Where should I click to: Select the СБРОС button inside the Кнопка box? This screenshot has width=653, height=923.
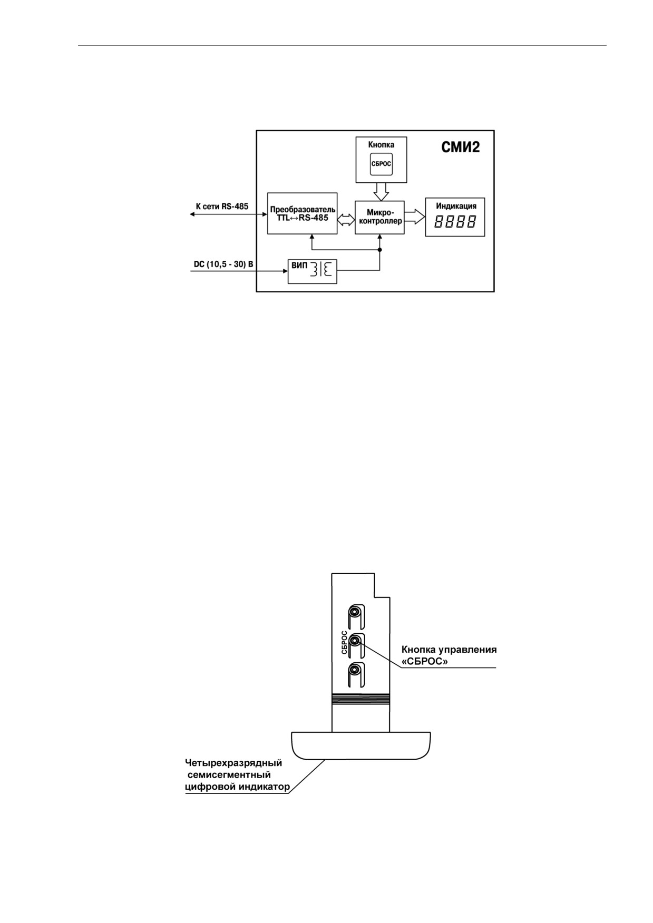381,164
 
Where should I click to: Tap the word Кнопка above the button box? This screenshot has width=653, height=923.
381,144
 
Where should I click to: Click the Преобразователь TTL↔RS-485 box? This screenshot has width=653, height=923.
303,213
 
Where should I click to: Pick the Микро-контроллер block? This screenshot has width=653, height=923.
379,217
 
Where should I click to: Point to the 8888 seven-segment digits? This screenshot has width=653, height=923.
455,222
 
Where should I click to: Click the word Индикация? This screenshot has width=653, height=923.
456,206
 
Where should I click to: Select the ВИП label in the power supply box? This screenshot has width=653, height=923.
299,266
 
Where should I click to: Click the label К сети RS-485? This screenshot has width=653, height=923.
222,207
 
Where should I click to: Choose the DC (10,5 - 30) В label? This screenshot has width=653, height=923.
223,264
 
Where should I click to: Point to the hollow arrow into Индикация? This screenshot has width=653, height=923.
415,217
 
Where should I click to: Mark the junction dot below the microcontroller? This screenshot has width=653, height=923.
379,250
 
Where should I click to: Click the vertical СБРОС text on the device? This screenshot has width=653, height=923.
344,642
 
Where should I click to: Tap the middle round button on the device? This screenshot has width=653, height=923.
356,641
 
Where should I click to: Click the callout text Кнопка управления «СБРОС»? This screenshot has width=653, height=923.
449,655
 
